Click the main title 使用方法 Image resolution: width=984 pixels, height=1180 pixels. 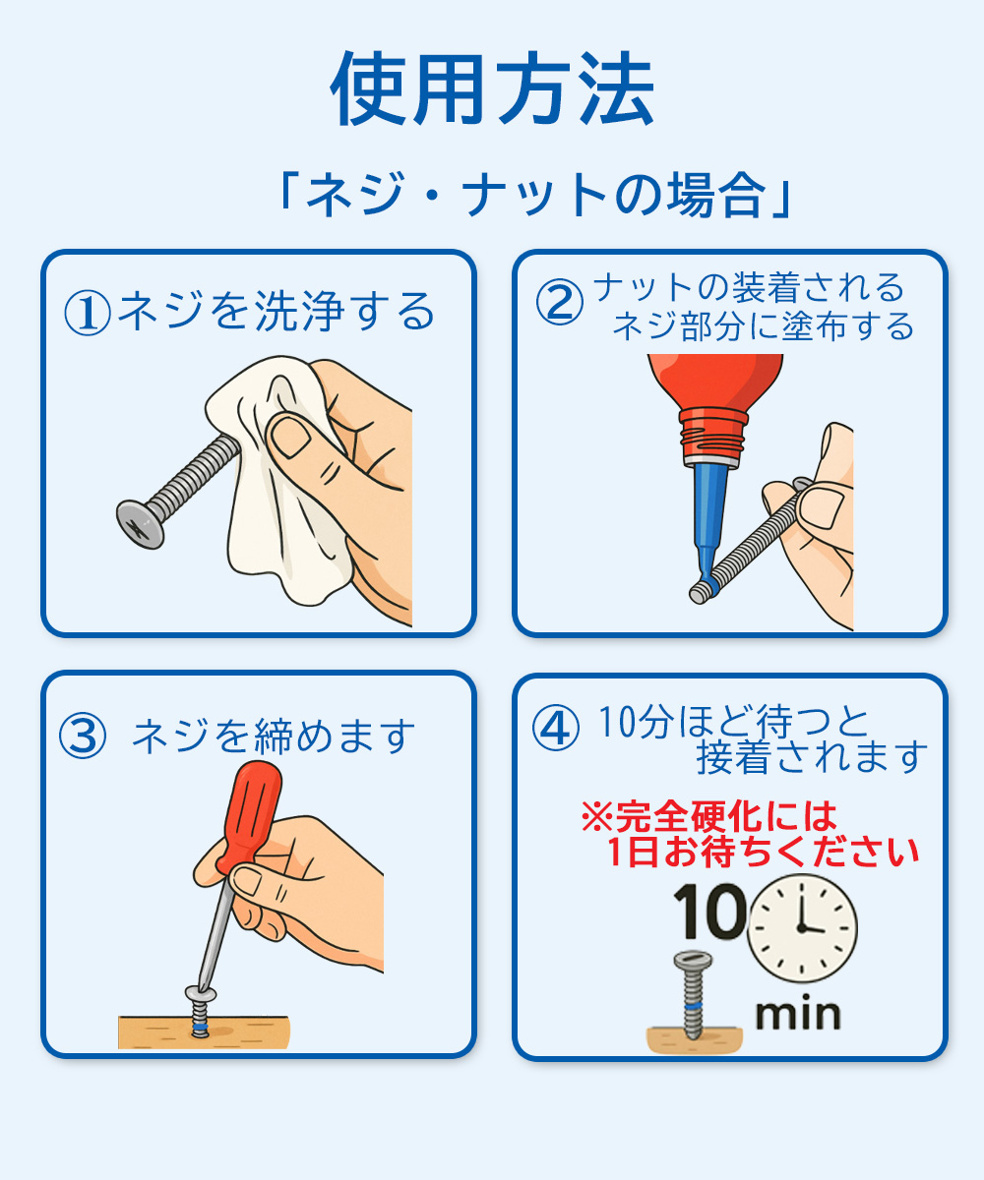tap(492, 90)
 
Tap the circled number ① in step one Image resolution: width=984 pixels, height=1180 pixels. tap(87, 314)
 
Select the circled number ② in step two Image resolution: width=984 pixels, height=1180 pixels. tap(559, 303)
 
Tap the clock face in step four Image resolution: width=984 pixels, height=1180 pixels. tap(802, 926)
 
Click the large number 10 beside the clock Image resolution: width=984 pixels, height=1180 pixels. tap(709, 913)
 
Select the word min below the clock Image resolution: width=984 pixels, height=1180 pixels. tap(797, 1014)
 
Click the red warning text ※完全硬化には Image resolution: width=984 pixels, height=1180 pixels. tap(708, 815)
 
